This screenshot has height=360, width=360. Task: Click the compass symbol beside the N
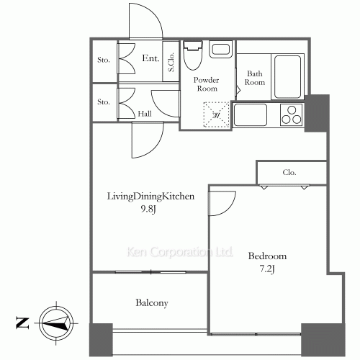click(x=56, y=320)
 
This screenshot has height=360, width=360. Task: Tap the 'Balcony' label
click(x=151, y=303)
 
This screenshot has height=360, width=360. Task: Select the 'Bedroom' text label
click(x=267, y=256)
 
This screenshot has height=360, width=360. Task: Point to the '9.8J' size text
click(x=150, y=210)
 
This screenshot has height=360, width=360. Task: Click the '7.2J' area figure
click(x=268, y=269)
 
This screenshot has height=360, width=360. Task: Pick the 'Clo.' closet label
click(x=289, y=173)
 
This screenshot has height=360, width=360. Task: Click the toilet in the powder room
click(x=192, y=54)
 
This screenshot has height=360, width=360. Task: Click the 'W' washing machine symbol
click(x=215, y=114)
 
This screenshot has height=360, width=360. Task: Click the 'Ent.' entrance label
click(x=150, y=58)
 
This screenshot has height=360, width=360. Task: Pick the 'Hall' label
click(x=144, y=114)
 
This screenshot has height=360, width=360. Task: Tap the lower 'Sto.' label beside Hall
click(x=104, y=102)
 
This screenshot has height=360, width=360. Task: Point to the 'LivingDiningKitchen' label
click(x=150, y=196)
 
